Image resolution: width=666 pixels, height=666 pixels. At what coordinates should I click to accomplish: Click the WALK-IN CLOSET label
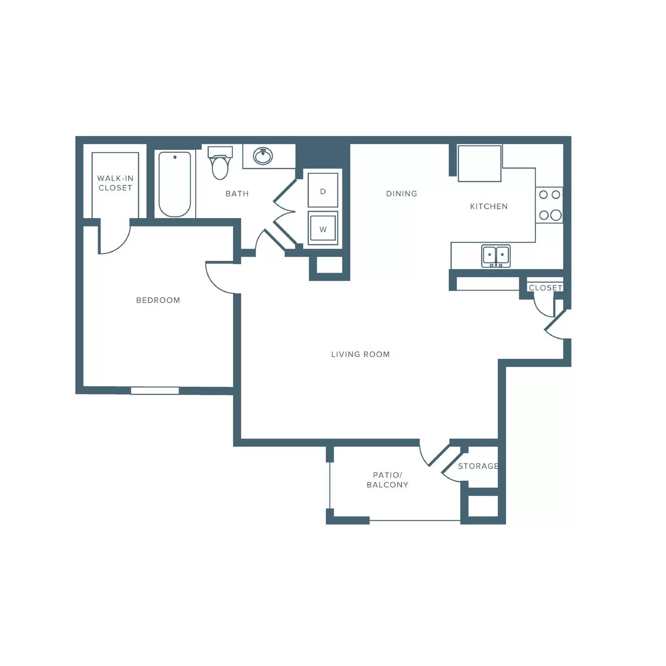pos(115,183)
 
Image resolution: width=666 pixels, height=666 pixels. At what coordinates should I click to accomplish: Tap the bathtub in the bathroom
pos(175,184)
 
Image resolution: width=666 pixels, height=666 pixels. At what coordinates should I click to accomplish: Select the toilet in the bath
pos(220,163)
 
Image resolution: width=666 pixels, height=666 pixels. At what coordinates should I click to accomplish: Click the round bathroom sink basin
pos(263,156)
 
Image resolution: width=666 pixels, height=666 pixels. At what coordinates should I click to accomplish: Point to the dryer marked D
pos(323,190)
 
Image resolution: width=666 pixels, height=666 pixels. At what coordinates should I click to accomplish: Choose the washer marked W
pos(323,228)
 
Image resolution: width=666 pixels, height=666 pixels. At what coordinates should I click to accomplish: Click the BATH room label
pos(237,194)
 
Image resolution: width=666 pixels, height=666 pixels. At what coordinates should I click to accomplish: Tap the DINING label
pos(402,194)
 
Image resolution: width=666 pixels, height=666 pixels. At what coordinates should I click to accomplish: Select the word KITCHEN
pos(489,206)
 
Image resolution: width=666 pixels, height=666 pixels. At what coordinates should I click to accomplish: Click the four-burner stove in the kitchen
pos(549,205)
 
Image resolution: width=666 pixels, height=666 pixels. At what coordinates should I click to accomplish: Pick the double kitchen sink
pos(496,256)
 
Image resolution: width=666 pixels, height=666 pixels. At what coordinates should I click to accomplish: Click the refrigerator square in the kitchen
pos(480,163)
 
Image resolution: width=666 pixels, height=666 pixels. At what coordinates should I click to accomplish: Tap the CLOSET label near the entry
pos(545,288)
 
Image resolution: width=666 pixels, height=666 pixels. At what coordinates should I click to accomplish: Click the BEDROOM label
pos(158,300)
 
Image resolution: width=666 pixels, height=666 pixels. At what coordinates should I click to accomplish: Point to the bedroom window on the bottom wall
pos(155,391)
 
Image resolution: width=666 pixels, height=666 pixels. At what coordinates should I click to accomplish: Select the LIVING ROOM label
pos(360,354)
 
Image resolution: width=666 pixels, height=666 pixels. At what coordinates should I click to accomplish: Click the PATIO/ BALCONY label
pos(388,480)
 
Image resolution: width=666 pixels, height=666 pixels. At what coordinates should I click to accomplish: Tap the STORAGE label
pos(478,466)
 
